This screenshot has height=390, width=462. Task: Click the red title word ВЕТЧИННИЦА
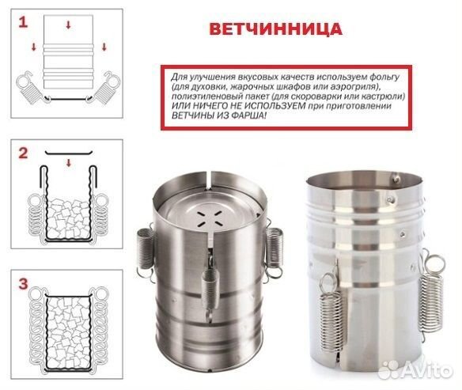(x=275, y=29)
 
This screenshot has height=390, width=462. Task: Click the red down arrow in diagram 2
(x=70, y=162)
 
